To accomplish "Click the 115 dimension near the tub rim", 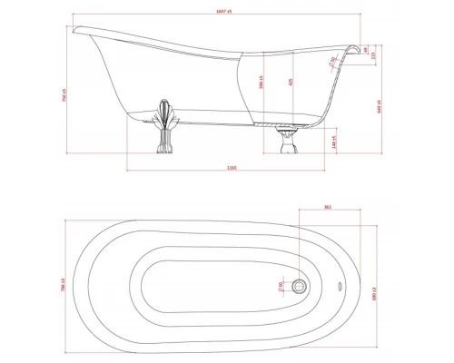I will coord(375,55).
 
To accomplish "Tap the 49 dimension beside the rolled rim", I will coord(364,50).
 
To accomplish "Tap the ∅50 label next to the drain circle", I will coord(281,287).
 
